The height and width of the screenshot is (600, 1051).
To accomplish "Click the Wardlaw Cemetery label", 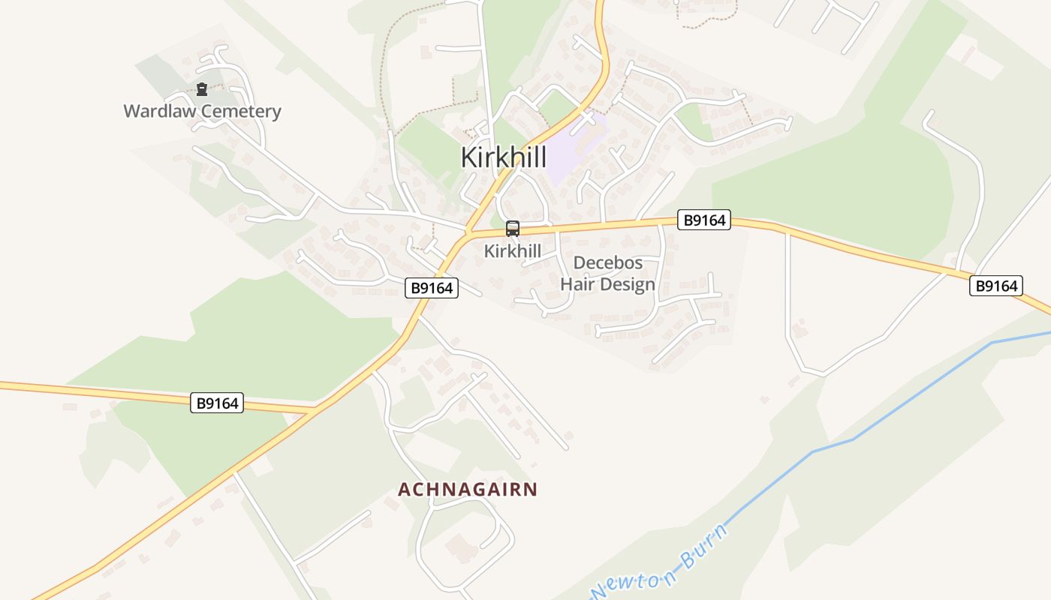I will tap(202, 112).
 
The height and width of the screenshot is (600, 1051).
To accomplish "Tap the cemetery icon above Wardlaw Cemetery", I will tap(201, 90).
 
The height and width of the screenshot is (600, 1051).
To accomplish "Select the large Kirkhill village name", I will tap(503, 157).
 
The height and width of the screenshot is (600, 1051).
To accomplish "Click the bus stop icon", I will tap(513, 229).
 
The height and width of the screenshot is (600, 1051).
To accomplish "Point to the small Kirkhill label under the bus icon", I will tap(512, 251).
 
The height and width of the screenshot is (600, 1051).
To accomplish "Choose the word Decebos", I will tap(607, 263).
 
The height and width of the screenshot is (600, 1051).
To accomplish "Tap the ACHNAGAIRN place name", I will tap(468, 490).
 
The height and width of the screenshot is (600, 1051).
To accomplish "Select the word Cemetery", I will tap(242, 112).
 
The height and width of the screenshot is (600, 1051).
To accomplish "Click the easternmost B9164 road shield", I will tap(996, 286).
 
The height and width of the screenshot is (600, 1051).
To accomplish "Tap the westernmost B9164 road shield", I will tap(217, 403).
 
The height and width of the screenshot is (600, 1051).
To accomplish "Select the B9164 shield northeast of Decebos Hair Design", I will tap(703, 220).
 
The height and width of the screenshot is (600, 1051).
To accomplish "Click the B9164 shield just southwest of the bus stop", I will tap(432, 288).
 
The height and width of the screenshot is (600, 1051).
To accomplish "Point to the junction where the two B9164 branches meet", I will tap(316, 410).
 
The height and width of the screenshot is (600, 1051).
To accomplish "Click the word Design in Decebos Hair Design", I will tap(628, 285).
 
